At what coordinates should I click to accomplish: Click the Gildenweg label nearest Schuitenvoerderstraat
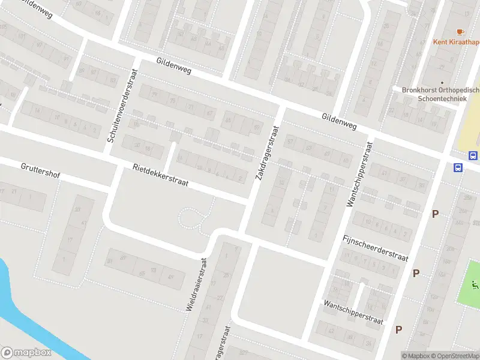tap(173, 65)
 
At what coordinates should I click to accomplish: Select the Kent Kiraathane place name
tap(457, 42)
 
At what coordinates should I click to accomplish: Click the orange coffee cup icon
tap(460, 31)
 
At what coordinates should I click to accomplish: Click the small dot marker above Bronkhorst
tap(442, 83)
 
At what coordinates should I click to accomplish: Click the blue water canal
tap(24, 312)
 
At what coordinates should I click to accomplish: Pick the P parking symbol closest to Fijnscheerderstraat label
tap(416, 273)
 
